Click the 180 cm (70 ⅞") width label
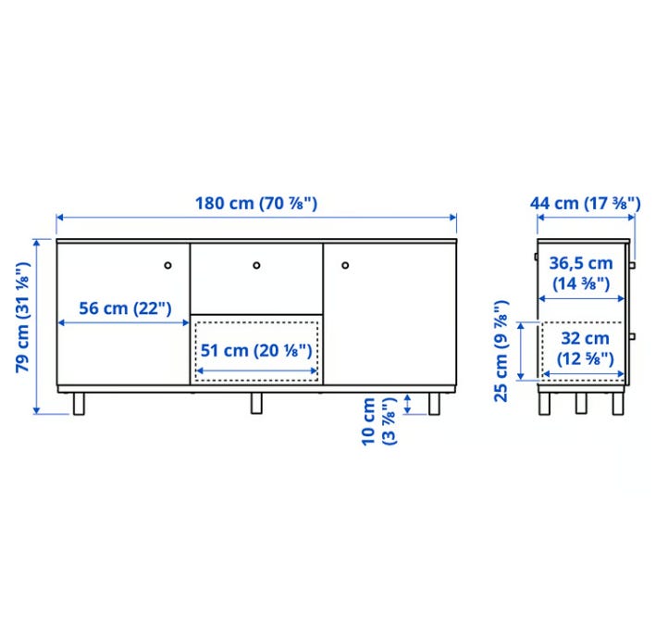click(x=256, y=204)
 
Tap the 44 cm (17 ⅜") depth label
click(x=585, y=204)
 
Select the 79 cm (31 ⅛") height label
click(x=22, y=317)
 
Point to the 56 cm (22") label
click(x=125, y=308)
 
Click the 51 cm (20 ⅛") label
click(x=256, y=351)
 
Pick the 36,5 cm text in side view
click(x=581, y=263)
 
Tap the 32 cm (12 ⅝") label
click(x=585, y=348)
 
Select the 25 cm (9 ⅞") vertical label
click(x=501, y=351)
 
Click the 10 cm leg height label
click(x=368, y=421)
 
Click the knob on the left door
click(x=167, y=265)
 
